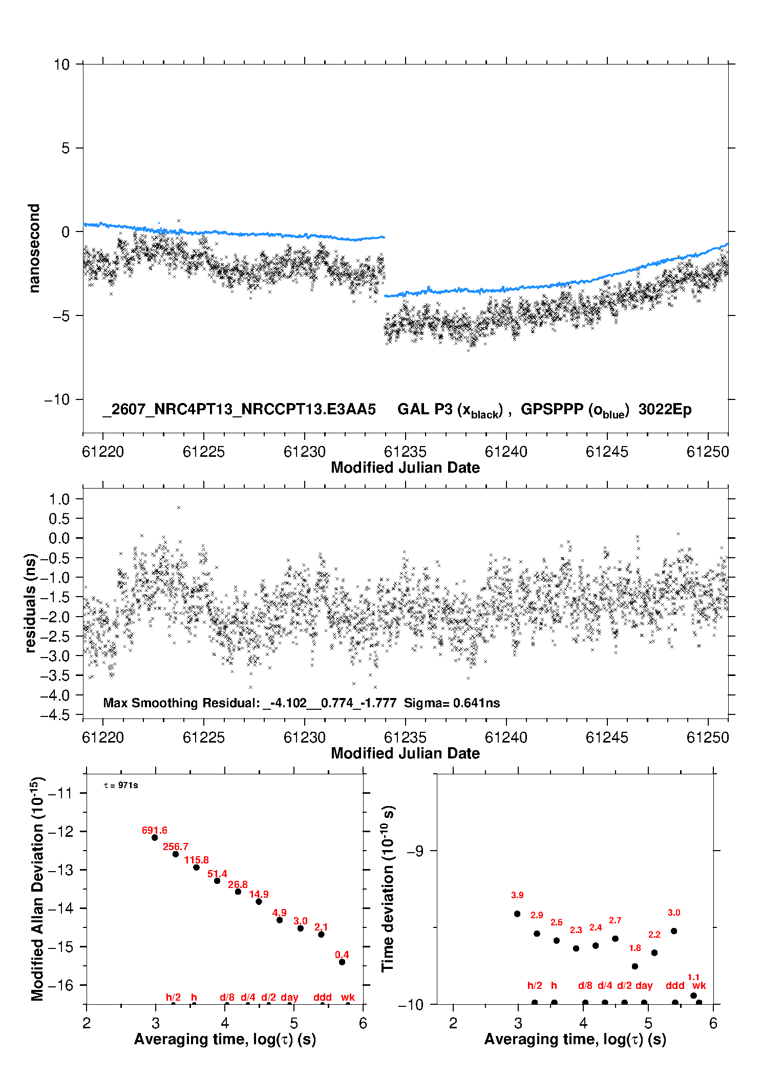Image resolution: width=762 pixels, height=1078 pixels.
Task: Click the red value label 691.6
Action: (154, 830)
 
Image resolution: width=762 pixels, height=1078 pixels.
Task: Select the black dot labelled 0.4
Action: (342, 962)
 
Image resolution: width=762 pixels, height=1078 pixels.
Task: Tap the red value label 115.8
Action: (196, 860)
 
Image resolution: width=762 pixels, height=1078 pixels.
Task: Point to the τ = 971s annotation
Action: (121, 786)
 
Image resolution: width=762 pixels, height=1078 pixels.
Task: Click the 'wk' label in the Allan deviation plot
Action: (348, 997)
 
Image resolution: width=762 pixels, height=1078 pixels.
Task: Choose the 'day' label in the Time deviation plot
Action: (644, 985)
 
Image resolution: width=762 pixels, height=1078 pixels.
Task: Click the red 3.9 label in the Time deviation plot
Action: (517, 895)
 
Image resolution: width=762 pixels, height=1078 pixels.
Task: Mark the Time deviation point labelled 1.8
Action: (635, 966)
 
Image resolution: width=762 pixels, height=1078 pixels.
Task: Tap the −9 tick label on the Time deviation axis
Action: (415, 851)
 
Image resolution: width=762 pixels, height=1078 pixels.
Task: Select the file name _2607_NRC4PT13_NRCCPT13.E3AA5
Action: (239, 409)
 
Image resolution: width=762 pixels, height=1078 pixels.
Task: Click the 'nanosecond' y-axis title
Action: (34, 248)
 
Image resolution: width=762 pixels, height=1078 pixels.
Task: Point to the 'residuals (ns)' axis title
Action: (31, 603)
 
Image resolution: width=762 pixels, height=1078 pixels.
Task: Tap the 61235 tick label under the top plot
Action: (405, 452)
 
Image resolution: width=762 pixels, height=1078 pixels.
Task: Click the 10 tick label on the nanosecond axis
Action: (61, 65)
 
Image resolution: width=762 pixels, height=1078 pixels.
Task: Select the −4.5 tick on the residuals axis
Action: (55, 715)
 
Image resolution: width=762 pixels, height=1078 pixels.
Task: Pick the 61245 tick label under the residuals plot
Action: (607, 737)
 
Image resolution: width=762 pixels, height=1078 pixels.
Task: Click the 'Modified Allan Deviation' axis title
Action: (38, 889)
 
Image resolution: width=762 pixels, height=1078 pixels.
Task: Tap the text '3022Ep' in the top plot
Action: (665, 410)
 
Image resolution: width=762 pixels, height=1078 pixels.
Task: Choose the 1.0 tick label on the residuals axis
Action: (59, 499)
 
